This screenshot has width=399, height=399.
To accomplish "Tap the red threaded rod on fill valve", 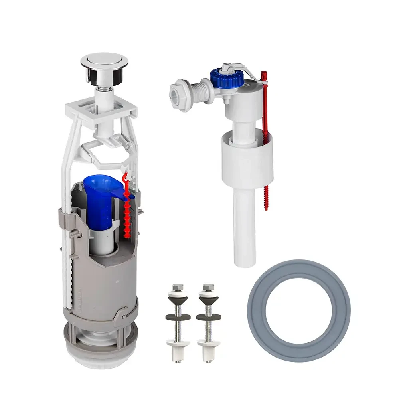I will (x=265, y=140).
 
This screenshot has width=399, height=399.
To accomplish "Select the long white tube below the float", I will (x=244, y=227).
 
